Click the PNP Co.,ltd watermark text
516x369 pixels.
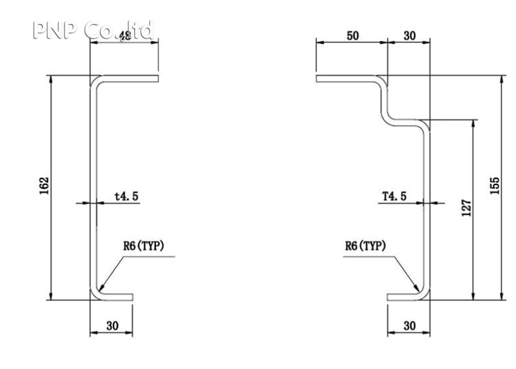(x=92, y=30)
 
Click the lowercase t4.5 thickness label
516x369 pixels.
(x=127, y=196)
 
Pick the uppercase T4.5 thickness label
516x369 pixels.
(x=394, y=196)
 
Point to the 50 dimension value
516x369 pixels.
(x=353, y=36)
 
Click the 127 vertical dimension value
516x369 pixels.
(x=466, y=207)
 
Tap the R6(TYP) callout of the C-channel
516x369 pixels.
(x=143, y=247)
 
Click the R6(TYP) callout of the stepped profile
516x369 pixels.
(x=365, y=247)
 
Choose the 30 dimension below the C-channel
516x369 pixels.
(x=112, y=326)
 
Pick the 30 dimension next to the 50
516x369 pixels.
(x=409, y=36)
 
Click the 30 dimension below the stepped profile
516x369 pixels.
(x=409, y=326)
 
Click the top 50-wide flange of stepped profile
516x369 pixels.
(x=347, y=78)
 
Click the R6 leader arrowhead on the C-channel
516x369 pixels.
(x=100, y=288)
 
